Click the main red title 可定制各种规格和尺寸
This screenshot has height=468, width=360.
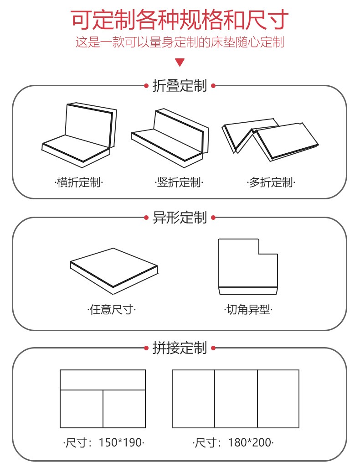180,20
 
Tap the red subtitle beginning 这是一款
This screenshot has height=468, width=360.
180,43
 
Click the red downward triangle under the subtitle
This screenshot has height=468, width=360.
180,62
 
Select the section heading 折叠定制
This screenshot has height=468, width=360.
180,86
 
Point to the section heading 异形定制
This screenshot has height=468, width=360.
180,218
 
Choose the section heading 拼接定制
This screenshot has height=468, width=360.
180,348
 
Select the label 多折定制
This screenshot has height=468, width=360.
271,183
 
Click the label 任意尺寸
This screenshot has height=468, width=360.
112,310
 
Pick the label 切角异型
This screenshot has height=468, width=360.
248,310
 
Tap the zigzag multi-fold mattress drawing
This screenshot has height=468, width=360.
269,137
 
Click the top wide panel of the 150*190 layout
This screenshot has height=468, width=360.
103,380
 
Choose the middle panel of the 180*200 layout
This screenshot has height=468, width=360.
236,399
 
